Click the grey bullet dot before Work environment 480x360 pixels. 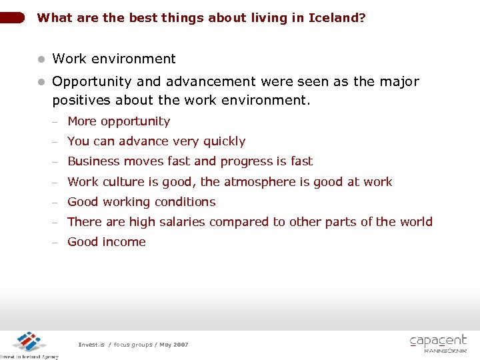tap(41, 59)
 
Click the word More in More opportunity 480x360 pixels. tap(82, 121)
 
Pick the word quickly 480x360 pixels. tap(224, 141)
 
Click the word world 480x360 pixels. tap(415, 222)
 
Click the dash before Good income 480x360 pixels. tap(57, 243)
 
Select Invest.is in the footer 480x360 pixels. tap(91, 345)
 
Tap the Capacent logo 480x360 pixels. tap(438, 343)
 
